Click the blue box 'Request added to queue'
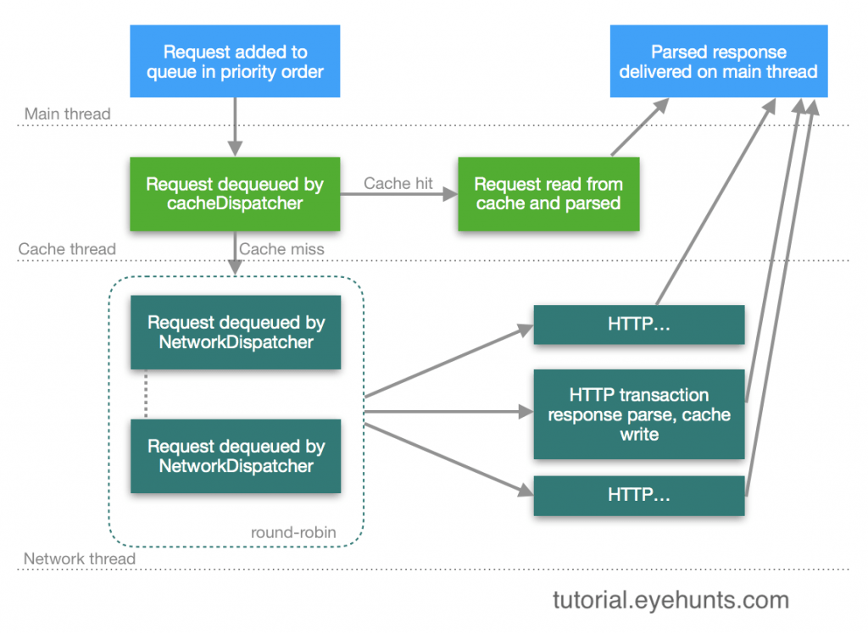click(x=235, y=61)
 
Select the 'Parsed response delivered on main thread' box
click(x=718, y=61)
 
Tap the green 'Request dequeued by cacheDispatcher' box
click(x=235, y=194)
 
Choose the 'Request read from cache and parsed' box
click(x=548, y=194)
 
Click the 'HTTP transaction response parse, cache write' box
click(x=638, y=414)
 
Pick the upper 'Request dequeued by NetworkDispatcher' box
click(x=235, y=332)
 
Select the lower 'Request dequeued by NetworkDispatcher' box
click(x=235, y=456)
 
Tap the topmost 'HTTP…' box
click(x=638, y=324)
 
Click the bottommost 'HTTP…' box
click(x=638, y=496)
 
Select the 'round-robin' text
click(x=292, y=533)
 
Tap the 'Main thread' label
click(x=67, y=114)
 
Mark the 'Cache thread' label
click(x=67, y=249)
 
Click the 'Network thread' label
click(x=79, y=558)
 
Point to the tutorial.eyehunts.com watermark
click(x=670, y=601)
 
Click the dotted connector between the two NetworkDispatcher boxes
click(x=146, y=394)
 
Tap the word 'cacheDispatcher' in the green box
click(x=235, y=203)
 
